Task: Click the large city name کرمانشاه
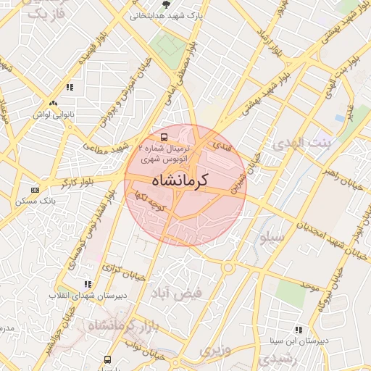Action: click(178, 181)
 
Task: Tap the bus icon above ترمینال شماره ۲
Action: click(164, 136)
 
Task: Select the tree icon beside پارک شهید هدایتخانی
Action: click(166, 5)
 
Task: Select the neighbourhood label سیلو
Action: click(275, 236)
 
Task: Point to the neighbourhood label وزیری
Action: click(214, 351)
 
